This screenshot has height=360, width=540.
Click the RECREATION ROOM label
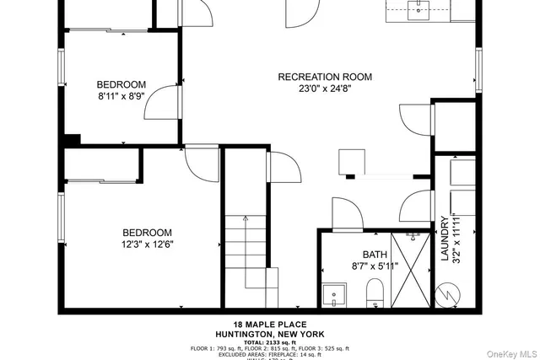coord(325,77)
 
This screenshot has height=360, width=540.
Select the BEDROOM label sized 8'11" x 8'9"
coord(121,84)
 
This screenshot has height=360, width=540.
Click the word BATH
coord(375,255)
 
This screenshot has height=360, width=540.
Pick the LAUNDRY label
coord(444,238)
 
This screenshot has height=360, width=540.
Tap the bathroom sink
coord(334,297)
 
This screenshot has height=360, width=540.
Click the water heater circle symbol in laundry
coord(444,296)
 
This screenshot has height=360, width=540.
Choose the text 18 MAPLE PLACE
coord(270,325)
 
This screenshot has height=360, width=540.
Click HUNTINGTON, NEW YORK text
coord(270,334)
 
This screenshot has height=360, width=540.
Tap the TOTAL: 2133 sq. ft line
coord(270,341)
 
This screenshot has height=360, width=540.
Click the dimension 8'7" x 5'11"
coord(375,266)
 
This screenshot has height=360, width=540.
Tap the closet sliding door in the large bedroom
coord(101,180)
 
